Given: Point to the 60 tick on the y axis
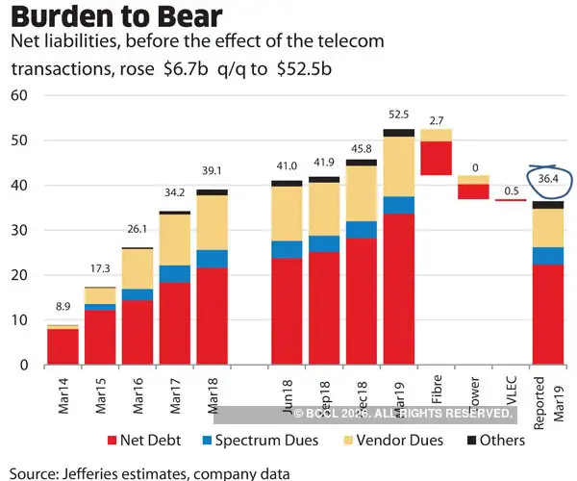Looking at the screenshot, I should point(18,95).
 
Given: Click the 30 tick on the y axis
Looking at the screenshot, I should point(18,230).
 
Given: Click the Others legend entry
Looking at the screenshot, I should point(491,440).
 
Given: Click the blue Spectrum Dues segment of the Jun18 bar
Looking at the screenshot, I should point(287,249).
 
